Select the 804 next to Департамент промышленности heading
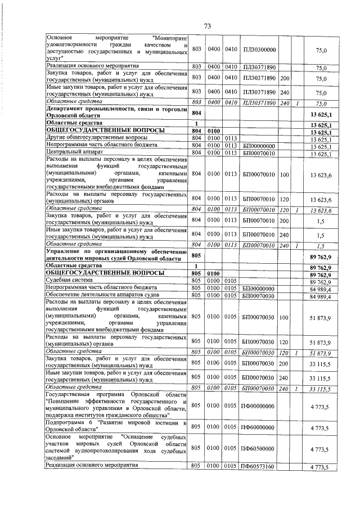tap(196, 112)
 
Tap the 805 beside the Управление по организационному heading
tap(196, 256)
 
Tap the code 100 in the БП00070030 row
tap(285, 317)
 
